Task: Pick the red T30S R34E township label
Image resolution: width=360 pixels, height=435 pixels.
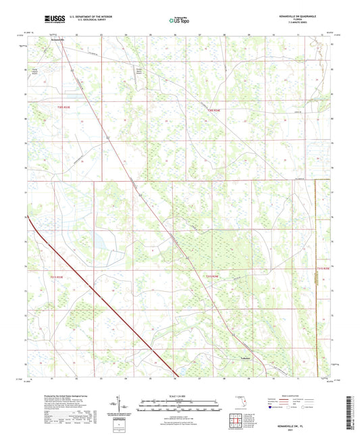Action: (x=215, y=109)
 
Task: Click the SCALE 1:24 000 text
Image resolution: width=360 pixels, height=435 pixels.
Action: (x=180, y=395)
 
